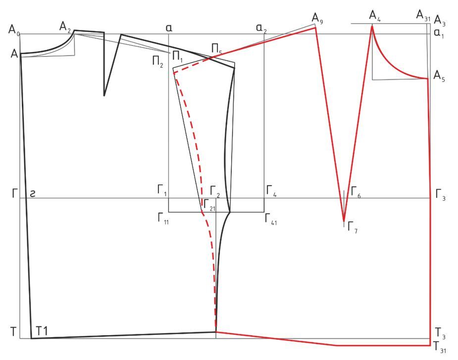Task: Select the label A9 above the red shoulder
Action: (317, 18)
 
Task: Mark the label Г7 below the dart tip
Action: (352, 227)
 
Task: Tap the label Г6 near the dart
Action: (356, 192)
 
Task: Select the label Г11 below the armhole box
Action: (163, 218)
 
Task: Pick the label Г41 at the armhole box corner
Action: (271, 218)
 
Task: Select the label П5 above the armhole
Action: (216, 49)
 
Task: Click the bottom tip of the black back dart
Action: (104, 95)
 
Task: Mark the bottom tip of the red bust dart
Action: (344, 221)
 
